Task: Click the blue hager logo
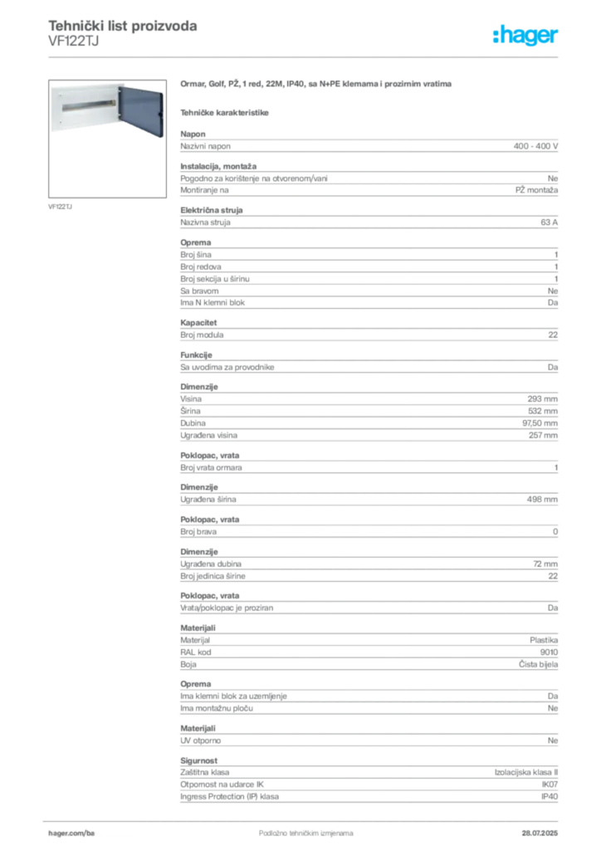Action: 526,36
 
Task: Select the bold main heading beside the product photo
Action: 318,85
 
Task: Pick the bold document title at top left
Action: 123,27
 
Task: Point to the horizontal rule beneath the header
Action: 305,56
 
